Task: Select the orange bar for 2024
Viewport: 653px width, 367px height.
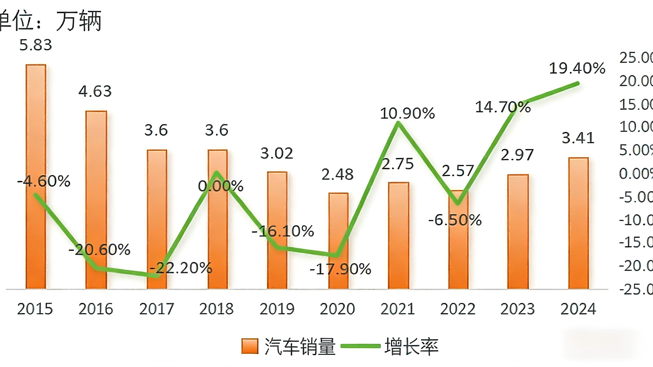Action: tap(578, 223)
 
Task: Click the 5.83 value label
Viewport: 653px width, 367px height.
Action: tap(36, 45)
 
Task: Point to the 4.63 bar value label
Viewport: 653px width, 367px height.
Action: tap(95, 91)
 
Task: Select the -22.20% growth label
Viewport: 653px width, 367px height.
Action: tap(181, 268)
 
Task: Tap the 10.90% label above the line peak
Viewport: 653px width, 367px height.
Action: tap(407, 113)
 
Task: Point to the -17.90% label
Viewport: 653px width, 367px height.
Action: tap(340, 269)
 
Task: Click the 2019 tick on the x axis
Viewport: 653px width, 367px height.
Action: tap(277, 309)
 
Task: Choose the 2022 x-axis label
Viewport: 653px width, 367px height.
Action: tap(458, 309)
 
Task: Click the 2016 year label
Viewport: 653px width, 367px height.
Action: tap(96, 309)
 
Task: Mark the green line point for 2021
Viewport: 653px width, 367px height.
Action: tap(398, 123)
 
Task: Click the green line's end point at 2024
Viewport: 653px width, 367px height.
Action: tap(578, 83)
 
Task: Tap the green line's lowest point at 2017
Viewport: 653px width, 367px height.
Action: tap(157, 275)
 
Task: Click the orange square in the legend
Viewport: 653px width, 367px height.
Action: tap(250, 346)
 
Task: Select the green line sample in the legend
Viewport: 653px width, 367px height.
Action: tap(360, 346)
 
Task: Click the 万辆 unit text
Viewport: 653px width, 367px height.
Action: tap(79, 21)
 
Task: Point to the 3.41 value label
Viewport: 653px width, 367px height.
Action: tap(578, 138)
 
